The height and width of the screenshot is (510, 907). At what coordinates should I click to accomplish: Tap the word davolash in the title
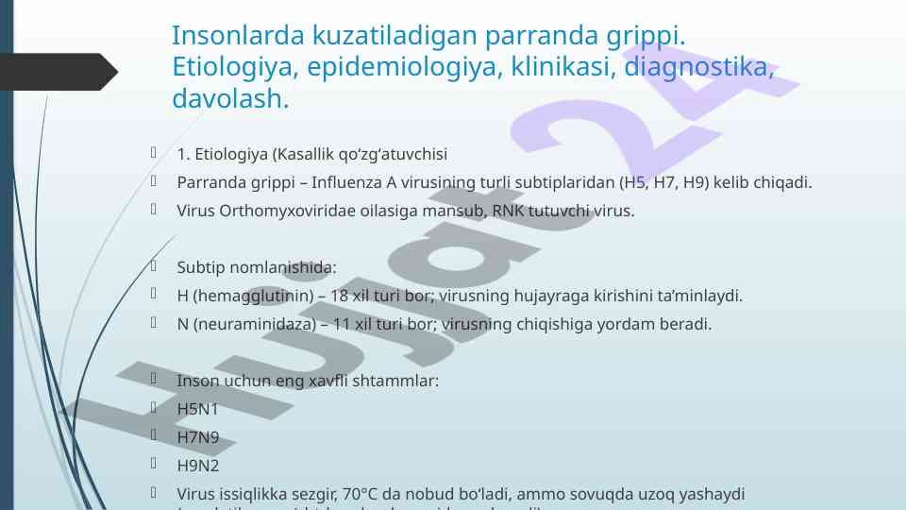click(226, 98)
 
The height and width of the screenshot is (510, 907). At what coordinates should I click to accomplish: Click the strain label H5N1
click(197, 410)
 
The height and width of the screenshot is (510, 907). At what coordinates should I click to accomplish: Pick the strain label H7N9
click(197, 438)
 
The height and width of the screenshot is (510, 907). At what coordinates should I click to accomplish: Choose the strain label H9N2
click(197, 466)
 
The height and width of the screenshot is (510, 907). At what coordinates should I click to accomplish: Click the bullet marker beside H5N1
click(152, 409)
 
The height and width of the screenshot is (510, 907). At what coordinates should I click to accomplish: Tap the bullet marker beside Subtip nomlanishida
click(152, 267)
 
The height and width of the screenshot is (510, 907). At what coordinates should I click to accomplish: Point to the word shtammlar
click(398, 382)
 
